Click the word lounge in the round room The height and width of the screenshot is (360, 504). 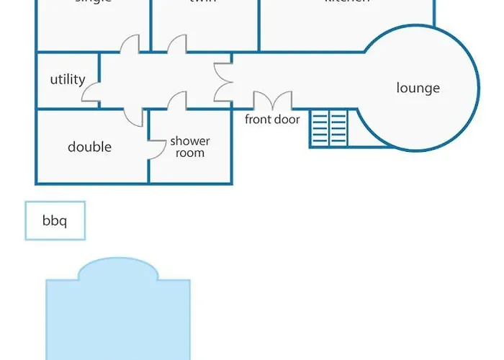[x=418, y=89]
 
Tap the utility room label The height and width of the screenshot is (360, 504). [x=68, y=80]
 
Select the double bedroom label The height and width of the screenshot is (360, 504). [x=89, y=147]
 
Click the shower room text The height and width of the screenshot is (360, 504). [x=190, y=147]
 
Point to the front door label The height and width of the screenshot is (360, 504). [x=272, y=120]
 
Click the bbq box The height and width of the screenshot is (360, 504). [x=55, y=220]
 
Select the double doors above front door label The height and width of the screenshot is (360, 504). [x=272, y=101]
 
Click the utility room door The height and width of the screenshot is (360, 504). [x=91, y=91]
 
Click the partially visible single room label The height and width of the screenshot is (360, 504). [x=93, y=2]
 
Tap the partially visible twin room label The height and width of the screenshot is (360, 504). [x=202, y=2]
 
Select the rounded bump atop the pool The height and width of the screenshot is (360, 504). [x=118, y=270]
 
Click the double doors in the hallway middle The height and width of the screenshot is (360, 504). [x=222, y=81]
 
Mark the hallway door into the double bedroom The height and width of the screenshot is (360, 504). [x=133, y=115]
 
